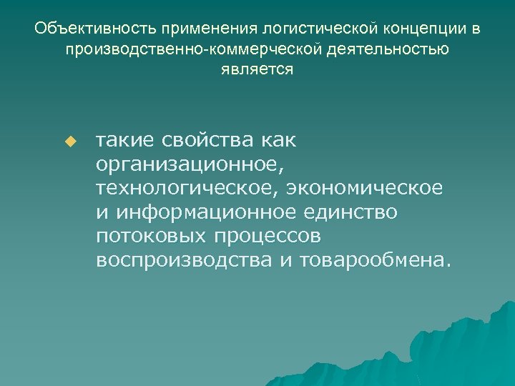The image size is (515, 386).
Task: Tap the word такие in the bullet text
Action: [124, 141]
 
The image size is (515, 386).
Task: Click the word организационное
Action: [190, 164]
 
